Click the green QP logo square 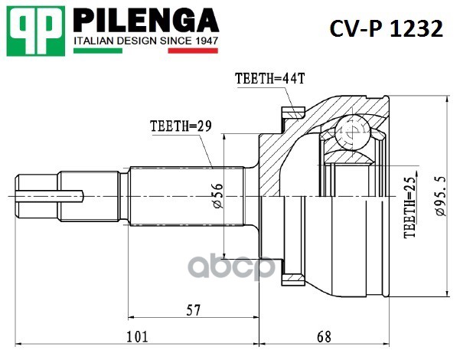click(x=35, y=31)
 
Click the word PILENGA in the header click(x=145, y=20)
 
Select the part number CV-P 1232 click(x=386, y=28)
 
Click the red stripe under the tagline click(x=193, y=51)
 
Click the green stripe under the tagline click(x=98, y=51)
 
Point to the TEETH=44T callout click(x=270, y=78)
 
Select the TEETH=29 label click(x=181, y=126)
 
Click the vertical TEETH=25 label click(x=409, y=208)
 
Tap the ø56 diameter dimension click(x=218, y=196)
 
